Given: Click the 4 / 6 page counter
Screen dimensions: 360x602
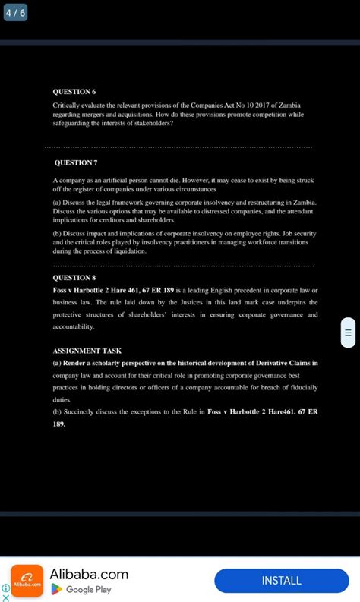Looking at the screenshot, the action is (x=15, y=13).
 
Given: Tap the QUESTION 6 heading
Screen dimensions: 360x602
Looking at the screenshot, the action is (x=73, y=91).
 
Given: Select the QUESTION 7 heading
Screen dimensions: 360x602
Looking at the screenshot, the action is (x=76, y=162).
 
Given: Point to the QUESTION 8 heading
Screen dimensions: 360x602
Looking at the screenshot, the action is (x=74, y=278).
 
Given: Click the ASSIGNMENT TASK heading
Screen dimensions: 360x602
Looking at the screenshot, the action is (x=87, y=351).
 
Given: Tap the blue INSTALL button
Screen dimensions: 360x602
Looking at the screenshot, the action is (x=281, y=581).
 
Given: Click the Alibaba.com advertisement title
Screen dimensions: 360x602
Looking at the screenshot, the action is (x=89, y=574).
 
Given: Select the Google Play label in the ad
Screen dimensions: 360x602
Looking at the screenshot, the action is (x=88, y=590).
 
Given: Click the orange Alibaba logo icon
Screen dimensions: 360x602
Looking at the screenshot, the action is (x=27, y=581).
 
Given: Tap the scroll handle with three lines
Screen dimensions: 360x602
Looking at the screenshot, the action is (x=348, y=332).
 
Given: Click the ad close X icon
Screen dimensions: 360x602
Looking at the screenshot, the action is (x=5, y=597).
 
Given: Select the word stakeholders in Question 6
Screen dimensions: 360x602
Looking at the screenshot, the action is (x=152, y=123).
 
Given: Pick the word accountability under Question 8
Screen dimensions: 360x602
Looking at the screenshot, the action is (x=74, y=327).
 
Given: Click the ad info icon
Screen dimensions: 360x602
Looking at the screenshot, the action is (x=5, y=587).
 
